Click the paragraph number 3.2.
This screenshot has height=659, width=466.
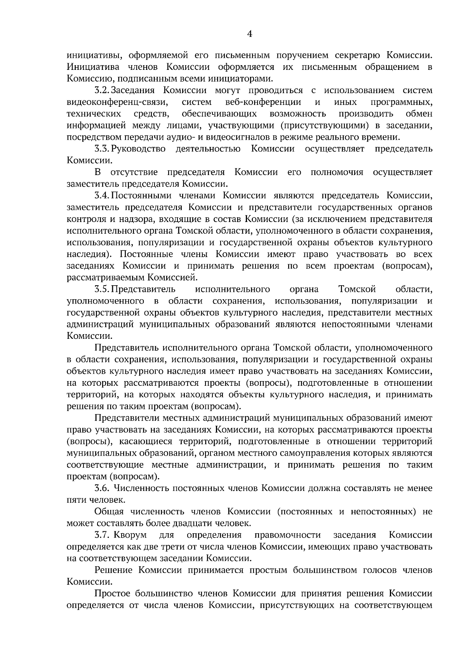coord(102,91)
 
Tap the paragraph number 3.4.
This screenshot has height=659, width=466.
coord(102,196)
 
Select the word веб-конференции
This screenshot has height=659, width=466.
coord(263,102)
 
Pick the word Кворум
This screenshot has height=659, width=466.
coord(130,535)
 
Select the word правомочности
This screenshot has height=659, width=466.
coord(287,535)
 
